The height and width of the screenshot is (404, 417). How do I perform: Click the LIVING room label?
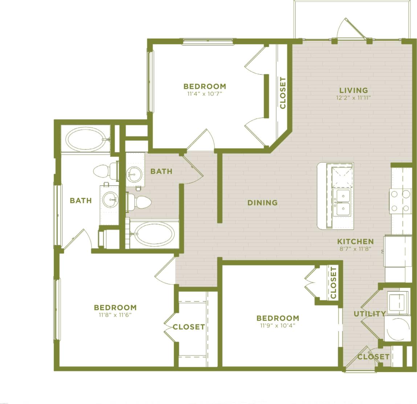coord(353,90)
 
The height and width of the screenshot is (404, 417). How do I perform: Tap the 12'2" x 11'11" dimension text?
coord(353,98)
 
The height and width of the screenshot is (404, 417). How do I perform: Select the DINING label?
coord(262,203)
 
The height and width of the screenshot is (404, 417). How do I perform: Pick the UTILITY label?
coord(370,314)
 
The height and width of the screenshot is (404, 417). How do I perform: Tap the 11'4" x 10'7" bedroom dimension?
coord(204,94)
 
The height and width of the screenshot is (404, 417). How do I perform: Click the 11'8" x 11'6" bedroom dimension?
coord(115,315)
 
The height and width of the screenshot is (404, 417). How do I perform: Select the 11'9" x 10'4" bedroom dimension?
coord(278,325)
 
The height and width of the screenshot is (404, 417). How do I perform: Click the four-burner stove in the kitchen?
coord(400,201)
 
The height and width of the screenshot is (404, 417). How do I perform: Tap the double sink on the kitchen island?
coord(343,202)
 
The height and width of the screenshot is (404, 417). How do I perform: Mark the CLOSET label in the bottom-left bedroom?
coord(189,327)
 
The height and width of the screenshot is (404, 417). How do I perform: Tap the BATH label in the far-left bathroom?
coord(81,200)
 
